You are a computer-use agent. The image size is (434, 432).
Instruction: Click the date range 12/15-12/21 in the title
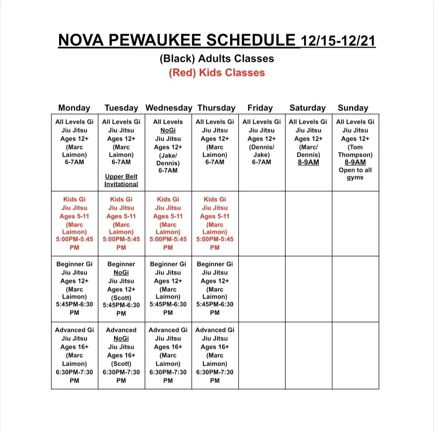[x=338, y=40]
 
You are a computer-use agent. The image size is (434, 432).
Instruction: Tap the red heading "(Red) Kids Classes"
[x=217, y=73]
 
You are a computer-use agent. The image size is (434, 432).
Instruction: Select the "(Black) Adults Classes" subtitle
[x=217, y=59]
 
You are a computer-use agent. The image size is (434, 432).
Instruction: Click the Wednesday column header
[x=169, y=108]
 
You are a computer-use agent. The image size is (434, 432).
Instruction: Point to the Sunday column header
[x=353, y=108]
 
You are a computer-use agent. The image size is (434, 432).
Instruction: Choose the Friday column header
[x=260, y=108]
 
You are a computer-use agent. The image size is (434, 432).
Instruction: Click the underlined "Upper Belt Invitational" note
[x=121, y=180]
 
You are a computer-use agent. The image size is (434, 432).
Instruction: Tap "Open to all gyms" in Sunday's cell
[x=355, y=174]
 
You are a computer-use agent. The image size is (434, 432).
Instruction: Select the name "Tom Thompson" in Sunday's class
[x=355, y=151]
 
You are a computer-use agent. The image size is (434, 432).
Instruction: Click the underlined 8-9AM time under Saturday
[x=308, y=162]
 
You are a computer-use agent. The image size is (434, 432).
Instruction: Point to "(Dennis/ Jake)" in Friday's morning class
[x=262, y=151]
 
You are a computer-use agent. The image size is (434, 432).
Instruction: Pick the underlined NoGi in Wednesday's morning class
[x=168, y=130]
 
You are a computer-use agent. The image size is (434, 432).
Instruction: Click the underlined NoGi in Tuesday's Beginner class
[x=121, y=272]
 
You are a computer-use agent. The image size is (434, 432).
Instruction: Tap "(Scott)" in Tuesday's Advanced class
[x=121, y=364]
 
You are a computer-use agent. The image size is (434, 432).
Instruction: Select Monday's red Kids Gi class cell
[x=74, y=223]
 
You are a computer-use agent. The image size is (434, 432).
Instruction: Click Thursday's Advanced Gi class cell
[x=215, y=355]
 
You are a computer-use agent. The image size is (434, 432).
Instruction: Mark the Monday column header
[x=74, y=108]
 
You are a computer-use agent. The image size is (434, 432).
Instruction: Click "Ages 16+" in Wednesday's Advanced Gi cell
[x=168, y=347]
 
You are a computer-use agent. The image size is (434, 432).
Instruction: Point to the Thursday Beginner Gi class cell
[x=215, y=288]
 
